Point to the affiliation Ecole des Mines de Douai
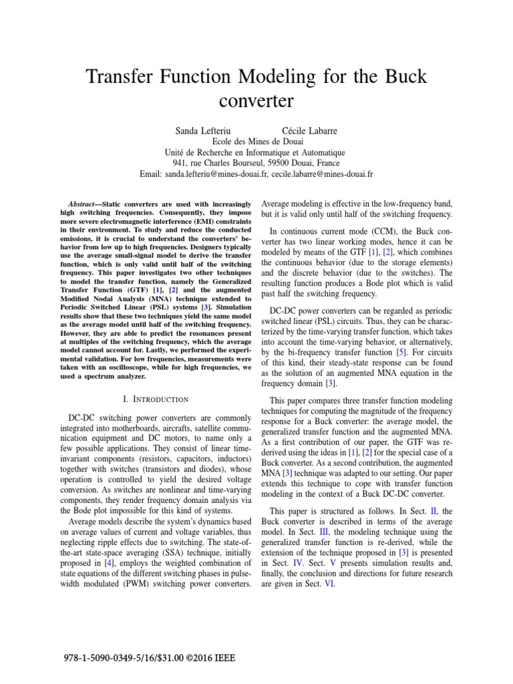coord(256,141)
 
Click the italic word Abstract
coord(84,203)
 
